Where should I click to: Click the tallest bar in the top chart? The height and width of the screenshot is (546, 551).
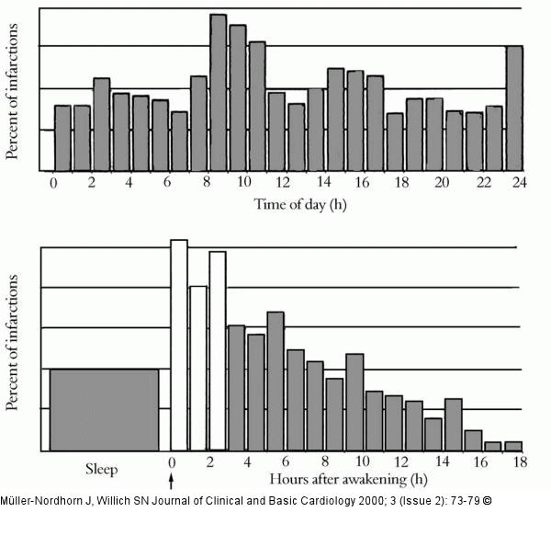219,92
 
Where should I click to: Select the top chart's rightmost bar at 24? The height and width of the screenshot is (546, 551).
515,108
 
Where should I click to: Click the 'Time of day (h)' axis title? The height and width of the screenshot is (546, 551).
300,203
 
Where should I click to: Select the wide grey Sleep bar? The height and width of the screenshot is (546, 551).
104,409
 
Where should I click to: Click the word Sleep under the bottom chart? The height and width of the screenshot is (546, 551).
102,469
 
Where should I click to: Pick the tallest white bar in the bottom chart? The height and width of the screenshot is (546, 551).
179,345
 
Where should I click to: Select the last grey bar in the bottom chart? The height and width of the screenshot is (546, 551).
513,446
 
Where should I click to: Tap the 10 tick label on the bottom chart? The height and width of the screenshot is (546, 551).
363,461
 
